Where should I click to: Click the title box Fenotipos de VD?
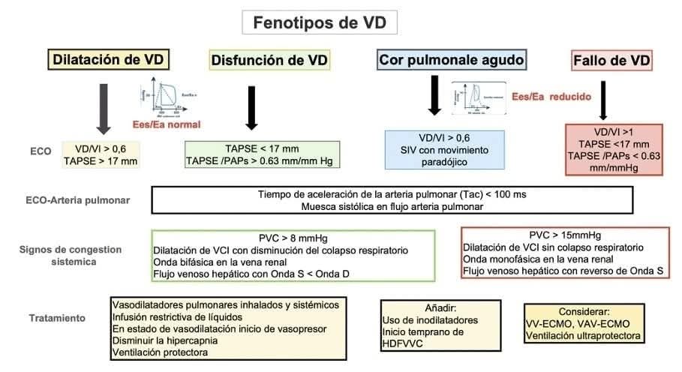tap(320, 22)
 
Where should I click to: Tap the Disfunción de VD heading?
tap(270, 60)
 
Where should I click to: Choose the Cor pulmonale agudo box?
tap(452, 59)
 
